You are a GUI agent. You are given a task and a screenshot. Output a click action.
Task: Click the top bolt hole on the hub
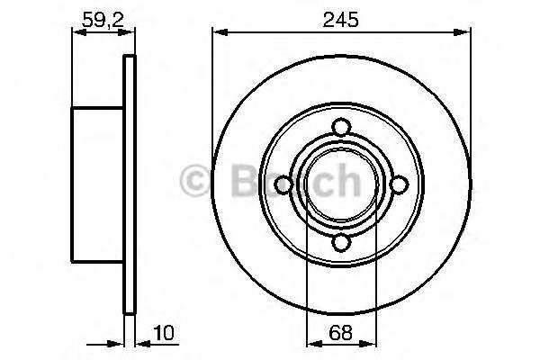tap(340, 127)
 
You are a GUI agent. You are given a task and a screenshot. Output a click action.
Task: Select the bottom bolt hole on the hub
tap(340, 241)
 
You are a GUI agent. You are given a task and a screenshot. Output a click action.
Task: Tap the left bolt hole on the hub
tap(283, 184)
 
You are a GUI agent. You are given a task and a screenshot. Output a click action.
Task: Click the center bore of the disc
tap(340, 184)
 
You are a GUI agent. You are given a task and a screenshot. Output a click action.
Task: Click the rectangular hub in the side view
tap(97, 184)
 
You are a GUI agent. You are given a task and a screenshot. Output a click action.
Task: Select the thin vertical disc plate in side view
tap(129, 184)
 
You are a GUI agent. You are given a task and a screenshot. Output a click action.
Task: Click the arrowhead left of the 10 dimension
tap(117, 343)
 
